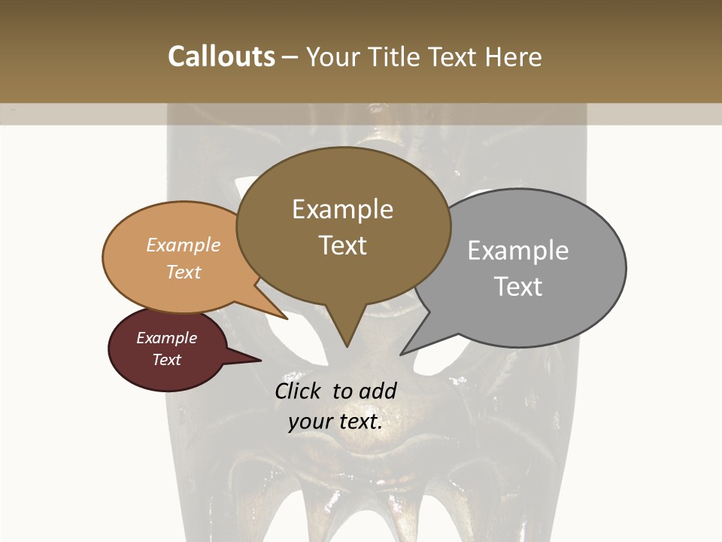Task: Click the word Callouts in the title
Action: point(221,56)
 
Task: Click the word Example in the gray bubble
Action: point(518,250)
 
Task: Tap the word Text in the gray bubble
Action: point(518,286)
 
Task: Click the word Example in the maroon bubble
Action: point(166,338)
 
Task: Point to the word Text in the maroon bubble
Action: point(166,360)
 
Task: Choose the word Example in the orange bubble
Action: point(184,245)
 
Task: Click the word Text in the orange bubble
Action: point(184,272)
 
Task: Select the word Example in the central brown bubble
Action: point(342,209)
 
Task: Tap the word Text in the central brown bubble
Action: point(342,245)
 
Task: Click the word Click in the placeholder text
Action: point(299,391)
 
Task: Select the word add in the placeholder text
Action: point(377,391)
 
